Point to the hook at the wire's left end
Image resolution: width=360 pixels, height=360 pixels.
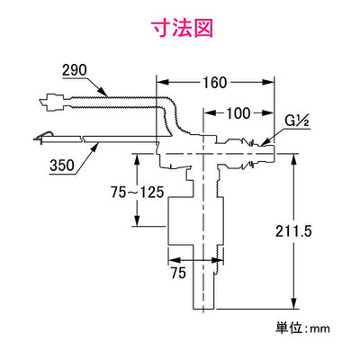coord(42,137)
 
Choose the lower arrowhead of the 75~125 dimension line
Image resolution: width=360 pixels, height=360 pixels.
coord(137,224)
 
